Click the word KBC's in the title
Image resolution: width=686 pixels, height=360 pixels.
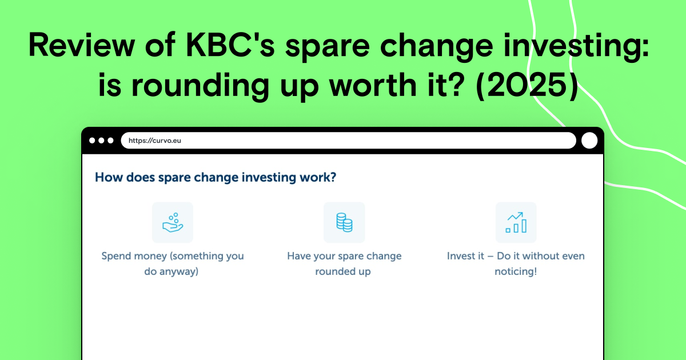click(x=230, y=45)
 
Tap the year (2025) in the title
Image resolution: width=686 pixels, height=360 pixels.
click(x=527, y=85)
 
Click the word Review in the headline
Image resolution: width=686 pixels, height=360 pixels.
click(x=82, y=45)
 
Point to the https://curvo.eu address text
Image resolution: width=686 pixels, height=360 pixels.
click(x=155, y=141)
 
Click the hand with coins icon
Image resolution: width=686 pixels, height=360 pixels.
click(x=173, y=222)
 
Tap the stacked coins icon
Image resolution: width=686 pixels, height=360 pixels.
click(x=344, y=222)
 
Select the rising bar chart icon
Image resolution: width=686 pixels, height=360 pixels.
click(x=516, y=222)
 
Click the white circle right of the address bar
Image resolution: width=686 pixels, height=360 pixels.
click(x=589, y=141)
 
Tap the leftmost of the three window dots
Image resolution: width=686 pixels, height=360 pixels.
click(x=92, y=141)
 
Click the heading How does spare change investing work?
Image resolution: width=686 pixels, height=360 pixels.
click(x=216, y=177)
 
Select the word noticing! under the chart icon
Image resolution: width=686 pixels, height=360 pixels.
click(x=516, y=271)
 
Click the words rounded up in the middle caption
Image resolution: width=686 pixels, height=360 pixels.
click(x=343, y=271)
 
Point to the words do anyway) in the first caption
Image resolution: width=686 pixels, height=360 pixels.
click(x=171, y=271)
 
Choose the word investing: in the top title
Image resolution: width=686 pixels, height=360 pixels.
click(x=576, y=45)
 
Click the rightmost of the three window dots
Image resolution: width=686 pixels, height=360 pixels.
click(x=110, y=141)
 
